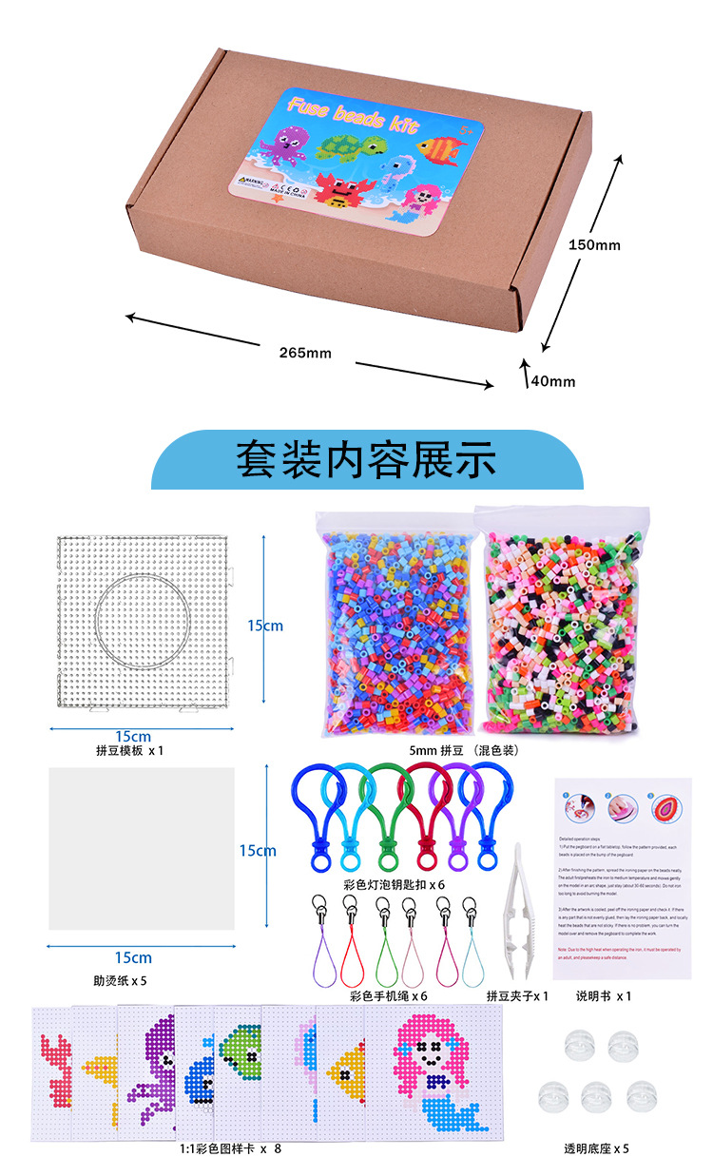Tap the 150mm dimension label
coord(593,245)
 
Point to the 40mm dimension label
coord(553,381)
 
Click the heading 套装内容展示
coord(366,458)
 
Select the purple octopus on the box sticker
coord(288,145)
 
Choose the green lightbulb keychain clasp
coord(384,815)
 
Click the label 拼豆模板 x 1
coord(130,750)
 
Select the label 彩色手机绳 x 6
coord(389,996)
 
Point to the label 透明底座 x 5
coord(596,1148)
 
